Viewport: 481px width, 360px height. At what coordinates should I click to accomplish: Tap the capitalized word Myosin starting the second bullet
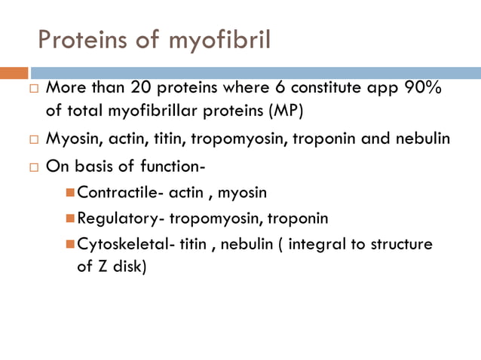(69, 139)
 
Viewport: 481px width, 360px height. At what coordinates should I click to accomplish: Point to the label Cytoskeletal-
(125, 245)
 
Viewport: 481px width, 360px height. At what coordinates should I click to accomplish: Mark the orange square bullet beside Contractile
(71, 192)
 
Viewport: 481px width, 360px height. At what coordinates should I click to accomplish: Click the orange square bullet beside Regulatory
(71, 218)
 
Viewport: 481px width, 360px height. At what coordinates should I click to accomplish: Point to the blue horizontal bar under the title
(256, 73)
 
